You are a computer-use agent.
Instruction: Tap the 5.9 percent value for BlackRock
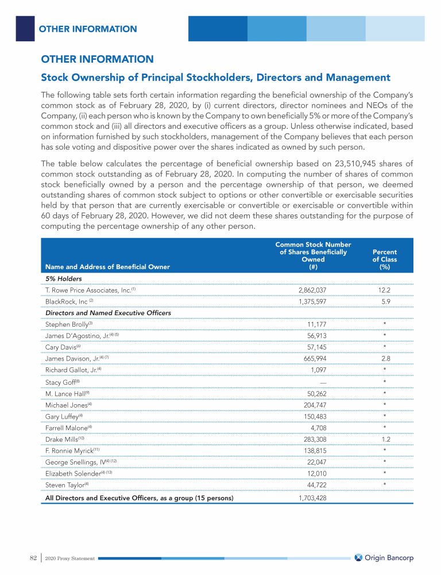[x=384, y=301]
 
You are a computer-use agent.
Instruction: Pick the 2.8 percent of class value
[x=384, y=359]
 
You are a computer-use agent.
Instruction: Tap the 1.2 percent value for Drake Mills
[x=384, y=439]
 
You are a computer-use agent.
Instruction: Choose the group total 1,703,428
[x=312, y=498]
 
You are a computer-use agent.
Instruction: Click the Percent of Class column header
[x=384, y=259]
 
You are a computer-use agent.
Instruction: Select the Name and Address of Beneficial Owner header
[x=107, y=267]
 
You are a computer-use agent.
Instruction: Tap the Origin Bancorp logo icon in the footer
[x=359, y=557]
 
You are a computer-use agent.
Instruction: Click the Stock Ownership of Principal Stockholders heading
[x=215, y=78]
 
